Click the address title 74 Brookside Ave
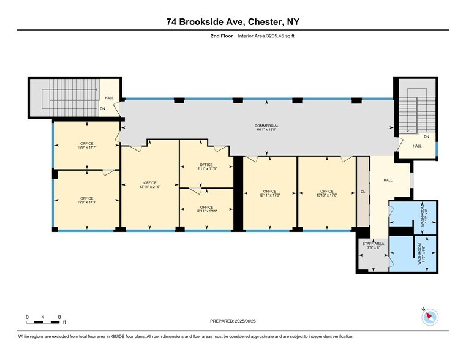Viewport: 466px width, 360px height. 233,22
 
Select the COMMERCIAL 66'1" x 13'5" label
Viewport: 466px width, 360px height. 266,128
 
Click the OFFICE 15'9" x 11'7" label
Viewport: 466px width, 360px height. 86,145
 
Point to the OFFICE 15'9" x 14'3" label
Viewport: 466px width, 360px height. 86,200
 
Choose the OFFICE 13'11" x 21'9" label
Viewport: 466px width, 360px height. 150,185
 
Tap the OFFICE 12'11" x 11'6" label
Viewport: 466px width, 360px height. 206,167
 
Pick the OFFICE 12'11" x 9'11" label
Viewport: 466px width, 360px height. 206,209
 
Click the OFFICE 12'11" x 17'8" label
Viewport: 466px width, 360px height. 270,193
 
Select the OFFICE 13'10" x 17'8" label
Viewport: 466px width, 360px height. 326,193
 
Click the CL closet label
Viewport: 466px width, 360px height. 363,192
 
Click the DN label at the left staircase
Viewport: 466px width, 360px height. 103,109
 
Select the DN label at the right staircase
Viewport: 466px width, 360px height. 426,137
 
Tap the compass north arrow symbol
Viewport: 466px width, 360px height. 430,317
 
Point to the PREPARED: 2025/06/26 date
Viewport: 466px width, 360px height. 232,321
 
